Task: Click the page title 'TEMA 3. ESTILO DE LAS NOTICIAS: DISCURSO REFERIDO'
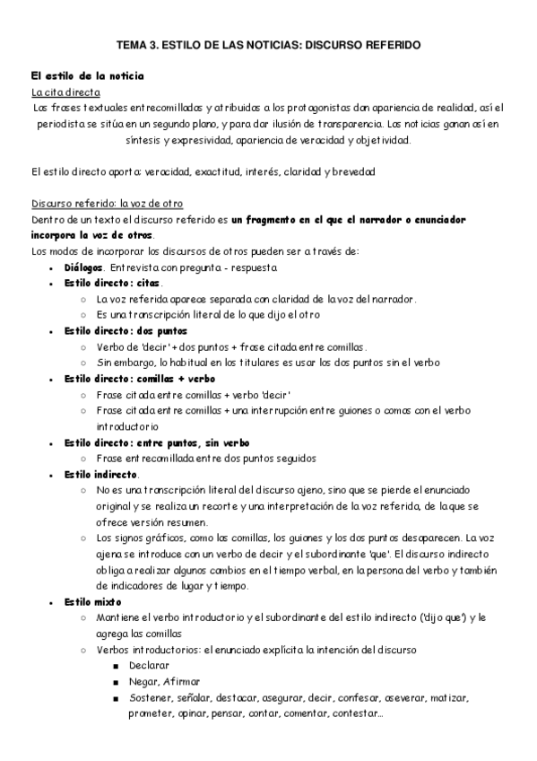[x=268, y=43]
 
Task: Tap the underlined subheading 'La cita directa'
[x=65, y=92]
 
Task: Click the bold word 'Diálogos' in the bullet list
[x=84, y=267]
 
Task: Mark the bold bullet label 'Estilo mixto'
[x=93, y=601]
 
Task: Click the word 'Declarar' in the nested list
[x=149, y=665]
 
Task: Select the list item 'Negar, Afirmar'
[x=164, y=681]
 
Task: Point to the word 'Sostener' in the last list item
[x=152, y=697]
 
